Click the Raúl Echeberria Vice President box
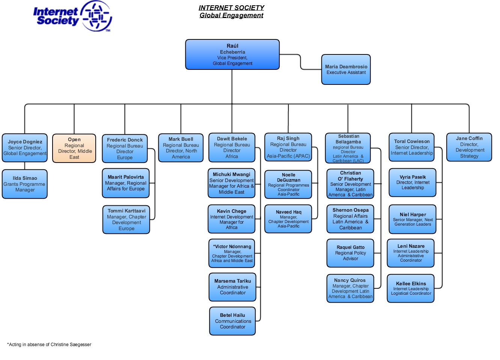pos(232,54)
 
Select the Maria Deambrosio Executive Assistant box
pos(346,69)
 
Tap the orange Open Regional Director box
pos(74,148)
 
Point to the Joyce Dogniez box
pos(25,148)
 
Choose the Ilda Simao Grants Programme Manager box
pos(25,184)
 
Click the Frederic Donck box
pos(125,149)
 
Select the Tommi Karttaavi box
pos(126,220)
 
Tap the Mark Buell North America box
pos(181,148)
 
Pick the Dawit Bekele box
pos(232,148)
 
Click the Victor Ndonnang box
pos(232,253)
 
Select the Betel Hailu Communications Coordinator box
pos(232,321)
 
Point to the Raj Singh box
pos(288,147)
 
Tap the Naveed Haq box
pos(288,219)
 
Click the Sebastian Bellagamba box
pos(348,148)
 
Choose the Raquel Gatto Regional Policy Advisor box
pos(350,253)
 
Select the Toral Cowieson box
pos(412,147)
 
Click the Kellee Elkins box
pos(411,288)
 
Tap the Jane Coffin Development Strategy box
pos(469,147)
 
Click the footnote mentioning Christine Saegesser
pos(49,344)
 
